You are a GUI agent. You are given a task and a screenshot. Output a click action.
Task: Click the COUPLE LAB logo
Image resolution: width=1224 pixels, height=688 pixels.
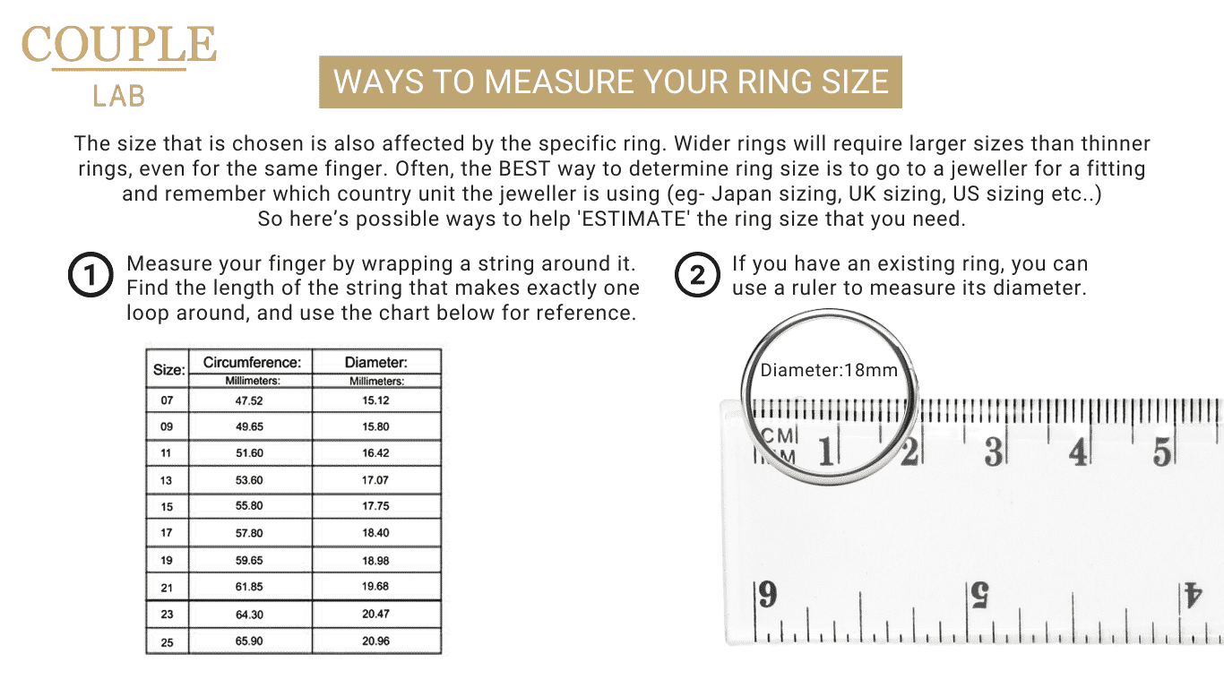[x=119, y=64]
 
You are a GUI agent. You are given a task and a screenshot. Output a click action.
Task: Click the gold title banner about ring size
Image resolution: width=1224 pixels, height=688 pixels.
[x=610, y=82]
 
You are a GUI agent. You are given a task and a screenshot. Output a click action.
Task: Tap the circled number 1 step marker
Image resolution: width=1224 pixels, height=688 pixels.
[x=91, y=276]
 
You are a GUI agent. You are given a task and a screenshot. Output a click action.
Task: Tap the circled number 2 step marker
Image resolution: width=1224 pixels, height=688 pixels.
[x=696, y=276]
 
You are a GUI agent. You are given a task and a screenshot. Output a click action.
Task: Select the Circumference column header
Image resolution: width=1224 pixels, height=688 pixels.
[x=251, y=363]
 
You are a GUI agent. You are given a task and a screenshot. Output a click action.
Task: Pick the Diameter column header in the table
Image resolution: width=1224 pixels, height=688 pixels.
[x=376, y=363]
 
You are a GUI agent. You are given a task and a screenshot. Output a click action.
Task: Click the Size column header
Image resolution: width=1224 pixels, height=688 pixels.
[x=168, y=369]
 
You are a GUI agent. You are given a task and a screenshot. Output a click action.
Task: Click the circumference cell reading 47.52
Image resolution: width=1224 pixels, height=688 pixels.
[x=249, y=400]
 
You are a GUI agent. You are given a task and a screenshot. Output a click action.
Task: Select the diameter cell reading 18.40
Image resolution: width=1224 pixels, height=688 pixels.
[x=375, y=533]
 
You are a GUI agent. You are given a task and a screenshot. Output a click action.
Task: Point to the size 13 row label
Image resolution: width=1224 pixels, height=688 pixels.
[x=167, y=481]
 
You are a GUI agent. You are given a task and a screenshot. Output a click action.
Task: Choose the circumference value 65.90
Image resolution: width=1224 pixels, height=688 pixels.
[x=249, y=641]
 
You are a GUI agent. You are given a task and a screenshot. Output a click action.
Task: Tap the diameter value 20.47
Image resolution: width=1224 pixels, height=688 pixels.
[x=375, y=615]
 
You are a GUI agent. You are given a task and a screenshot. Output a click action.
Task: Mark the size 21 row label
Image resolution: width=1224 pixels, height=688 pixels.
[x=167, y=588]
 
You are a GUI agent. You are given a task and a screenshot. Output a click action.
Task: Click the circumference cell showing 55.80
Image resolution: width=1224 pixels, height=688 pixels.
[x=249, y=506]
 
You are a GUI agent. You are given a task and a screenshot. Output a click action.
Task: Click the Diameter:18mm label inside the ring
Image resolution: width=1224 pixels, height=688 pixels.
[x=828, y=370]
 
